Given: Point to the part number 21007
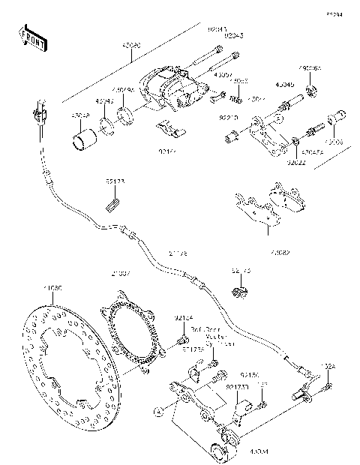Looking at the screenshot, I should coord(121,273).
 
